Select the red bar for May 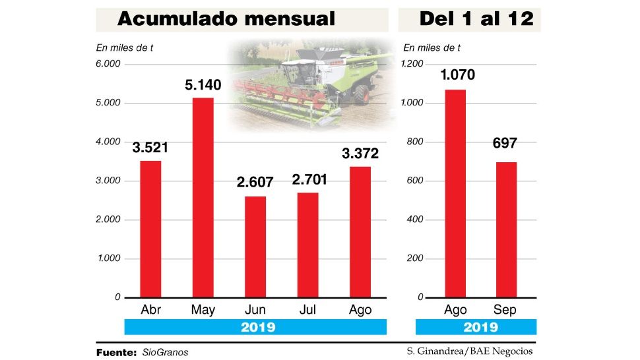pyautogui.click(x=203, y=198)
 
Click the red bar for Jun pyautogui.click(x=255, y=247)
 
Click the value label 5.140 pyautogui.click(x=203, y=85)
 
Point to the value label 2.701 pyautogui.click(x=307, y=179)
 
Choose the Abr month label pyautogui.click(x=151, y=310)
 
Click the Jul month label pyautogui.click(x=307, y=310)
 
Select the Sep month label pyautogui.click(x=505, y=310)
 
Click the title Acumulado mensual pyautogui.click(x=226, y=19)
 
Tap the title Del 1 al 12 pyautogui.click(x=476, y=19)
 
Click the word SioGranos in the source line pyautogui.click(x=165, y=352)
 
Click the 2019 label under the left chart pyautogui.click(x=255, y=327)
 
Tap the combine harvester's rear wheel pyautogui.click(x=360, y=94)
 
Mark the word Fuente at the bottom pyautogui.click(x=116, y=352)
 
